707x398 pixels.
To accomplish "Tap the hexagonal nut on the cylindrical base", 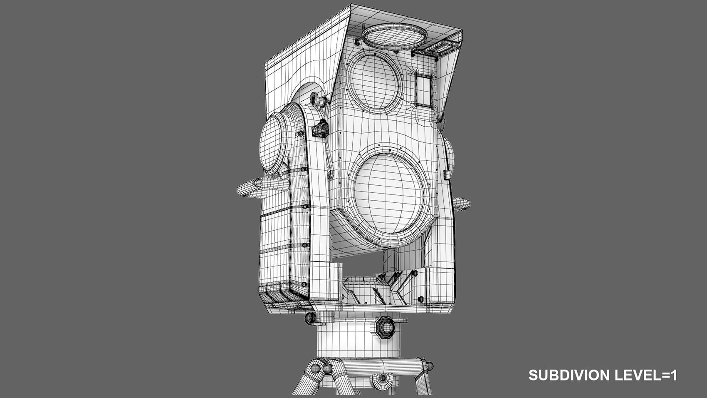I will (386, 327).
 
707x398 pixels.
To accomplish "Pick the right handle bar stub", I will (462, 204).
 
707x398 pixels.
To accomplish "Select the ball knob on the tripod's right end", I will (428, 366).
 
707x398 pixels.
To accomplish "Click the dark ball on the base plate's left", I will (311, 318).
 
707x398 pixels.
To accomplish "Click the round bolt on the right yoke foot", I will (420, 298).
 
